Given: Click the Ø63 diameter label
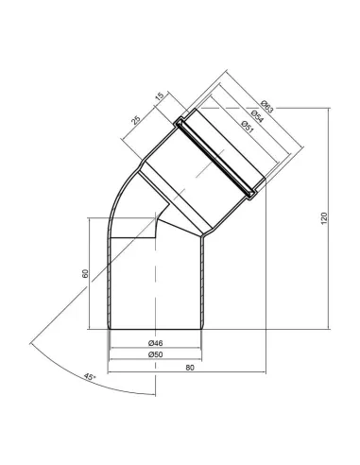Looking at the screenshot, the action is (267, 107).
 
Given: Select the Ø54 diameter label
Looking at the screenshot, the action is (257, 116).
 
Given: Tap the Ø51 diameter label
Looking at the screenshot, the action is (248, 127).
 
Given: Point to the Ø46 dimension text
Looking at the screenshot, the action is (155, 343).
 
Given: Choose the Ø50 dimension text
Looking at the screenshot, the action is (155, 354).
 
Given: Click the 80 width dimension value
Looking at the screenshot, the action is (190, 368).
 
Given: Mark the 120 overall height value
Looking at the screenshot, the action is (324, 218).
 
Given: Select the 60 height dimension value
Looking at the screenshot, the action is (85, 273).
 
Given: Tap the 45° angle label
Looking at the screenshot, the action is (90, 377).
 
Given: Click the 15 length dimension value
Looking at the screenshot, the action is (160, 96).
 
